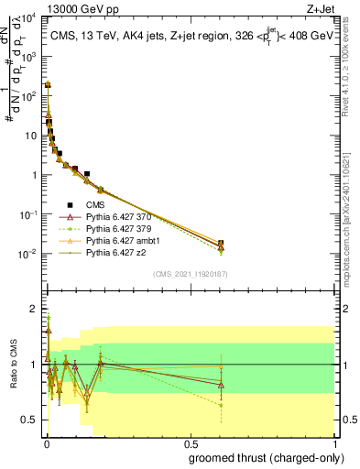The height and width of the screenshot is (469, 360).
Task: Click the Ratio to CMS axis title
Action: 14,365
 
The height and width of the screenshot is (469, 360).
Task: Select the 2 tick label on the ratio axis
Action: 33,309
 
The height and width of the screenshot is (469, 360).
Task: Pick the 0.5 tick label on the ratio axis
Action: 29,420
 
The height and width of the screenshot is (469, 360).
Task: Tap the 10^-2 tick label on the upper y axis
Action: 27,254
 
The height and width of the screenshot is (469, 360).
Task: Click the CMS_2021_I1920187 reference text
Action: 190,273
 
